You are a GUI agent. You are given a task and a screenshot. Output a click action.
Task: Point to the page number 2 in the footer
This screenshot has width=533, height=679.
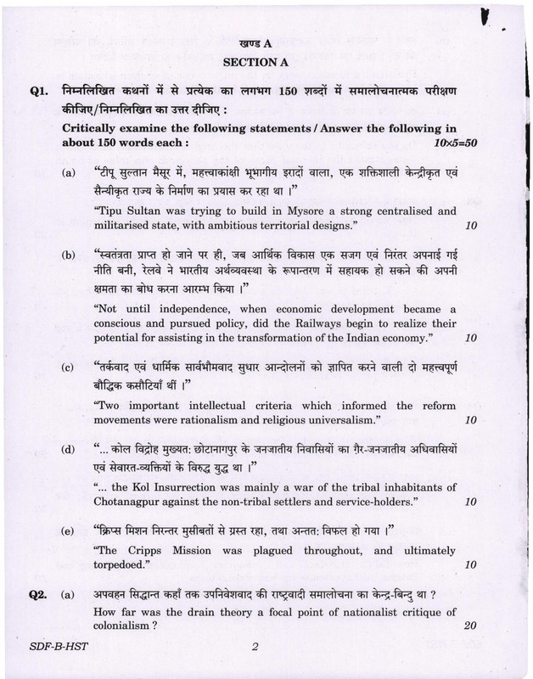click(254, 648)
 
